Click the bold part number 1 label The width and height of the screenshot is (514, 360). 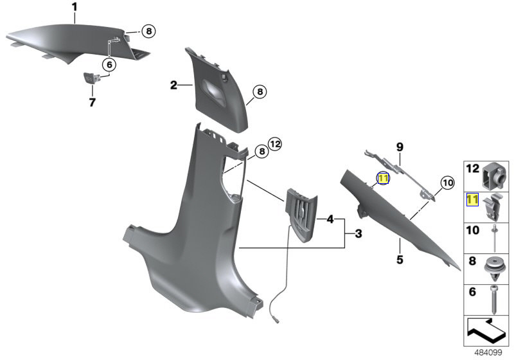click(74, 8)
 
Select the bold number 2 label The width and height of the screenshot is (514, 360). click(173, 85)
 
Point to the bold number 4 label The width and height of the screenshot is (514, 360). click(330, 219)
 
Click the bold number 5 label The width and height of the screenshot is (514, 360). click(398, 260)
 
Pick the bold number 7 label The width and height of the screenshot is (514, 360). click(92, 102)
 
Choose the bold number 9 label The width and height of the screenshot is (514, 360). click(399, 148)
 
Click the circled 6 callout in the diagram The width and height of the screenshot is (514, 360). click(109, 64)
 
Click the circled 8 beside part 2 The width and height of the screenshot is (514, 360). click(259, 93)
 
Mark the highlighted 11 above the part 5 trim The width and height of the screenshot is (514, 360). click(384, 179)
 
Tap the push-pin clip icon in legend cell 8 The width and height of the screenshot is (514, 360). click(495, 267)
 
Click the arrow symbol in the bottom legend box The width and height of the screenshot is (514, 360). click(487, 332)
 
